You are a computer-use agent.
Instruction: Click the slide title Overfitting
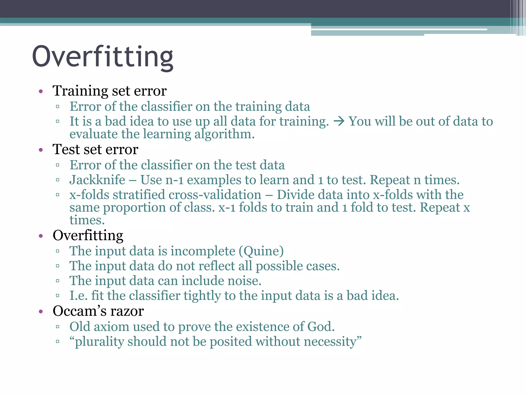(103, 57)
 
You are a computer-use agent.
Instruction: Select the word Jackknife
(97, 180)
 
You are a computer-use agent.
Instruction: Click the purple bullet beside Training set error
(41, 91)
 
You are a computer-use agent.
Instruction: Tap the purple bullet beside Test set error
(41, 150)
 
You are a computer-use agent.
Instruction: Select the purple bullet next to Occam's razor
(41, 312)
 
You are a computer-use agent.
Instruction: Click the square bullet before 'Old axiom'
(58, 327)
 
